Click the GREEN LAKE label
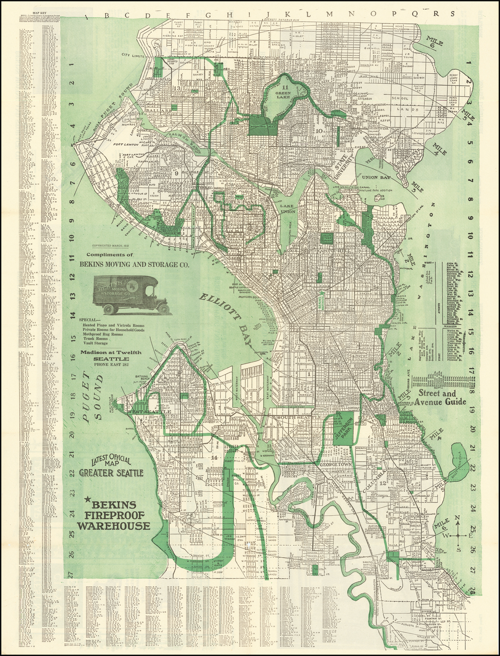(x=282, y=93)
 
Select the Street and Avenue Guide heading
(x=440, y=398)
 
